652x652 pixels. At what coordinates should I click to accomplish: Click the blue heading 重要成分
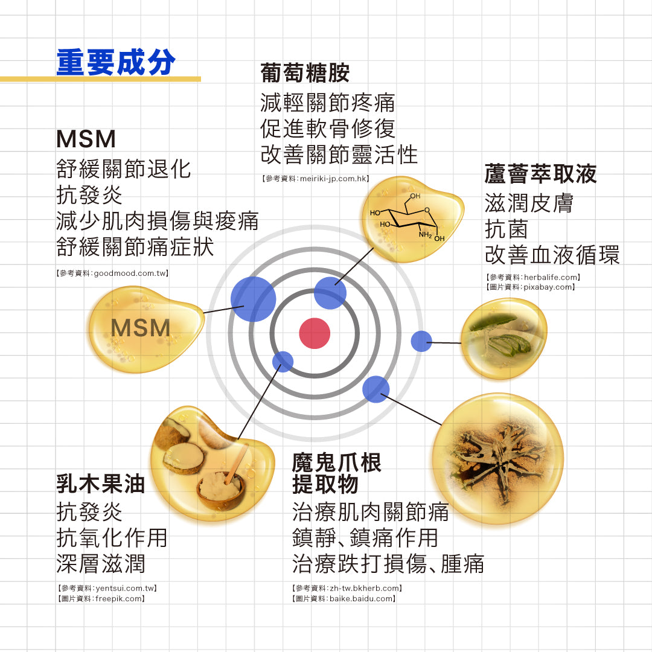[x=116, y=62]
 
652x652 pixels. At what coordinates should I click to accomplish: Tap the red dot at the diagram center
[x=315, y=333]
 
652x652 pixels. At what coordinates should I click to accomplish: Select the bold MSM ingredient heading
[x=86, y=139]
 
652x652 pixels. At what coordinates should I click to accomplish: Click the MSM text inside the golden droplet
[x=141, y=328]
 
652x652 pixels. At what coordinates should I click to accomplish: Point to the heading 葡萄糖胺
[x=305, y=73]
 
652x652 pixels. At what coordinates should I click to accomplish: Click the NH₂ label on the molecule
[x=425, y=234]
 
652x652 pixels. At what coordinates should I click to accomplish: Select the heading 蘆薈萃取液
[x=540, y=174]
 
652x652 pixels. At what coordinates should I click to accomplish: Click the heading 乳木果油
[x=101, y=484]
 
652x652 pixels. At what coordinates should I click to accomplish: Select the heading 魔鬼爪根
[x=336, y=462]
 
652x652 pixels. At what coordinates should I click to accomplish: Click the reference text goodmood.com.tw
[x=130, y=273]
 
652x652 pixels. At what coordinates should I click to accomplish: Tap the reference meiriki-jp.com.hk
[x=333, y=179]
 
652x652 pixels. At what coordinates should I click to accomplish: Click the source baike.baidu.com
[x=361, y=599]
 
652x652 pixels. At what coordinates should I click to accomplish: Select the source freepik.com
[x=118, y=599]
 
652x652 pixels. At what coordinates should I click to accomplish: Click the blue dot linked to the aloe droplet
[x=421, y=341]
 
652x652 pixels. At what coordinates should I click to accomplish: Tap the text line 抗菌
[x=507, y=229]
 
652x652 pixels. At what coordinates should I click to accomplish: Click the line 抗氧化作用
[x=112, y=538]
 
